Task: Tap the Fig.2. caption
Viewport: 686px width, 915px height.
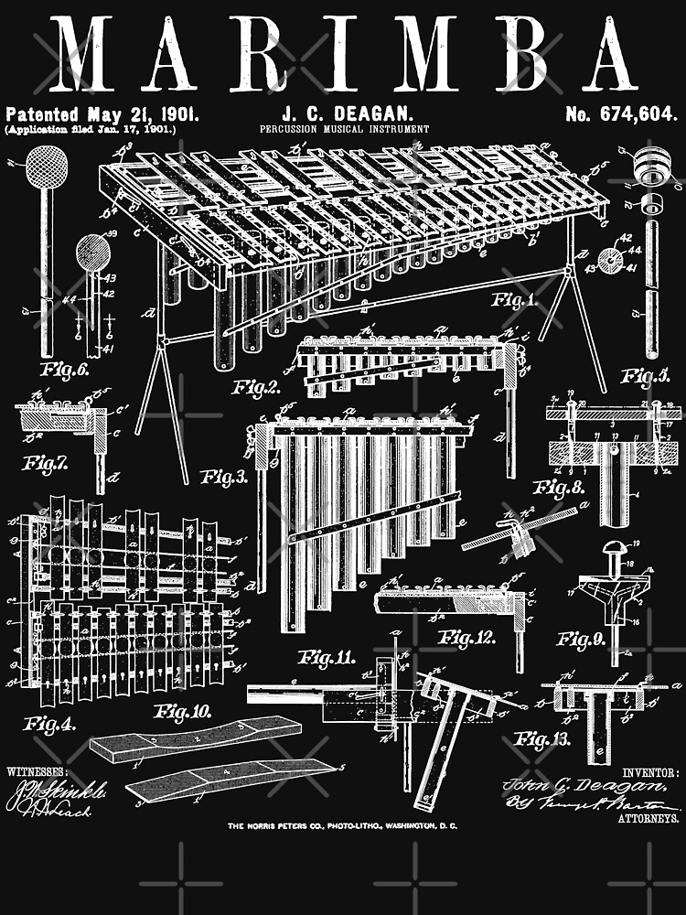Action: point(257,387)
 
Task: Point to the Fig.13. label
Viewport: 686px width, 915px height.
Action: point(544,737)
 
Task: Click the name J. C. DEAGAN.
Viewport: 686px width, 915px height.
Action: point(335,114)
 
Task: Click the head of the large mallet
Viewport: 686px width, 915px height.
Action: point(45,167)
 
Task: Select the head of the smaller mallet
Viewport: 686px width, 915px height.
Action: point(93,250)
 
